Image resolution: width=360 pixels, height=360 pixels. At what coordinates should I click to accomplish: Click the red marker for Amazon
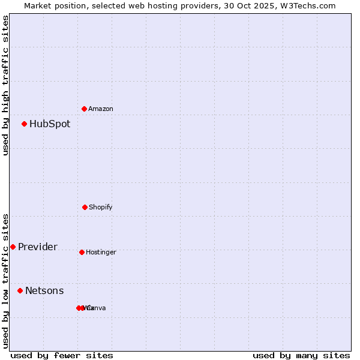click(85, 109)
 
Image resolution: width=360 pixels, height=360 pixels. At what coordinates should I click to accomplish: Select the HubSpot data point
click(25, 124)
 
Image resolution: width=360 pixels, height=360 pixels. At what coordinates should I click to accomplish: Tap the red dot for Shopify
click(85, 207)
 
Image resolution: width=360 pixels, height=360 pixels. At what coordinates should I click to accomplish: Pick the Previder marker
click(13, 247)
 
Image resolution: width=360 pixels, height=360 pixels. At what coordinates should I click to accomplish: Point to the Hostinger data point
click(82, 252)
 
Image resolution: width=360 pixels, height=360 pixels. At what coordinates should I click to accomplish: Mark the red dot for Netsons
click(20, 290)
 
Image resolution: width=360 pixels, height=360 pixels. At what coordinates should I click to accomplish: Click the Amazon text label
click(101, 109)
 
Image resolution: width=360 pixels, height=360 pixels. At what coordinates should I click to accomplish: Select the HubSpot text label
click(50, 124)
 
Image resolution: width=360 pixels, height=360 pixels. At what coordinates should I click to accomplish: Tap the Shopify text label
click(101, 208)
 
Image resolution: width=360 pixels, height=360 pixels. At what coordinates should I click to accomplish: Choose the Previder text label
click(38, 247)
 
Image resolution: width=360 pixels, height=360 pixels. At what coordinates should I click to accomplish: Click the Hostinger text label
click(101, 253)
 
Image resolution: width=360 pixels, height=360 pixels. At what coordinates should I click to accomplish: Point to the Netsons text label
click(44, 291)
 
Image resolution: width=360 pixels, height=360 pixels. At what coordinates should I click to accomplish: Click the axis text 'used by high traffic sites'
click(6, 85)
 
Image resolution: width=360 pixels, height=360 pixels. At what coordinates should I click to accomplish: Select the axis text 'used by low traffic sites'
click(6, 280)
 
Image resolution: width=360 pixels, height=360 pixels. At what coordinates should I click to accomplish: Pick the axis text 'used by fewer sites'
click(62, 356)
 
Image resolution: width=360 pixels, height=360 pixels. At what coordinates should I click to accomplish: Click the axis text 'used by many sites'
click(301, 356)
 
